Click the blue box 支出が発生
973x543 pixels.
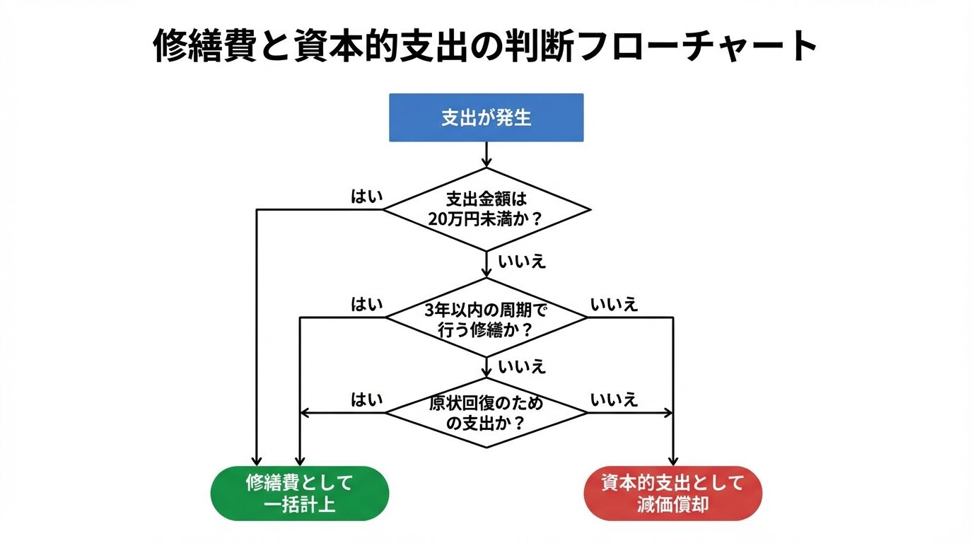(486, 117)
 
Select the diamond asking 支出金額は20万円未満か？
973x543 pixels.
(486, 209)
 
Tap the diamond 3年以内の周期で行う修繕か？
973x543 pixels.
(486, 318)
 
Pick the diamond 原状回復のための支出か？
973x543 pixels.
(486, 413)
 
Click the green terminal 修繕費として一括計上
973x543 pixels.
(300, 493)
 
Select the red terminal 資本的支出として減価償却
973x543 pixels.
(672, 493)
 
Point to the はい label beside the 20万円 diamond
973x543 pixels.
(366, 197)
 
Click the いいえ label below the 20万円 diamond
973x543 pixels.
(522, 261)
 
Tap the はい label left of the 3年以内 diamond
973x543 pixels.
(366, 305)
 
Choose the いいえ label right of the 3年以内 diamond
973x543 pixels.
(614, 305)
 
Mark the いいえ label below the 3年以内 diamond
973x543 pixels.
(522, 367)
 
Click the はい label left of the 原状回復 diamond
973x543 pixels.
(366, 399)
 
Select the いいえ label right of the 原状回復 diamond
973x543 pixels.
(614, 399)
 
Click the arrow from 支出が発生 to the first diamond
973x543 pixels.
(486, 154)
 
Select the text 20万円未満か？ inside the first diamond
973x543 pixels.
(486, 218)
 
